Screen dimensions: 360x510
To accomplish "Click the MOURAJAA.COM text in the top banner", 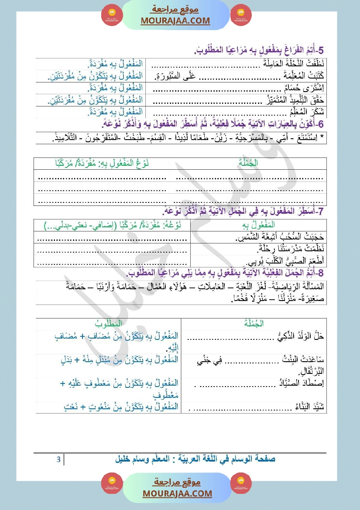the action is click(175, 21).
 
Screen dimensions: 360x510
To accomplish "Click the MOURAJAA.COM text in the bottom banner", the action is click(177, 493).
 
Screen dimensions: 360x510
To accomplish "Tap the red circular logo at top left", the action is click(112, 15).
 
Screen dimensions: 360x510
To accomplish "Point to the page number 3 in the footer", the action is click(58, 459).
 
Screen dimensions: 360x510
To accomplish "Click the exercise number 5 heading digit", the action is click(321, 52).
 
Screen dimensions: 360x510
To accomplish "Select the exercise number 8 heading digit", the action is click(321, 274).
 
